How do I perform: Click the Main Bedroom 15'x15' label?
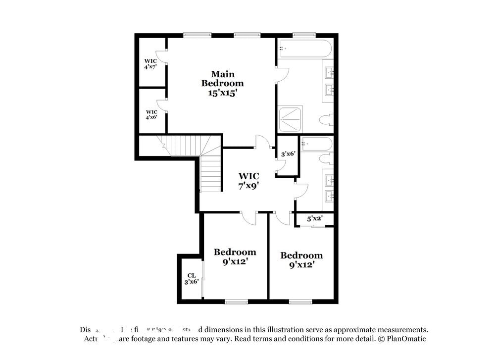[222, 83]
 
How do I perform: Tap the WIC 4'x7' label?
[150, 63]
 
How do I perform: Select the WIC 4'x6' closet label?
[151, 114]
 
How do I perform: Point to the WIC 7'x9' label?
[248, 180]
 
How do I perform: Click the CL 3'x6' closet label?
[192, 278]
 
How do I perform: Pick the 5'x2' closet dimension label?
[315, 218]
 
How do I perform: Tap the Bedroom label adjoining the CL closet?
[235, 257]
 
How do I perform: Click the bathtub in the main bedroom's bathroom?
[305, 49]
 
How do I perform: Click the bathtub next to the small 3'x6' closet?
[317, 144]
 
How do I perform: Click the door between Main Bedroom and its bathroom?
[281, 74]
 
